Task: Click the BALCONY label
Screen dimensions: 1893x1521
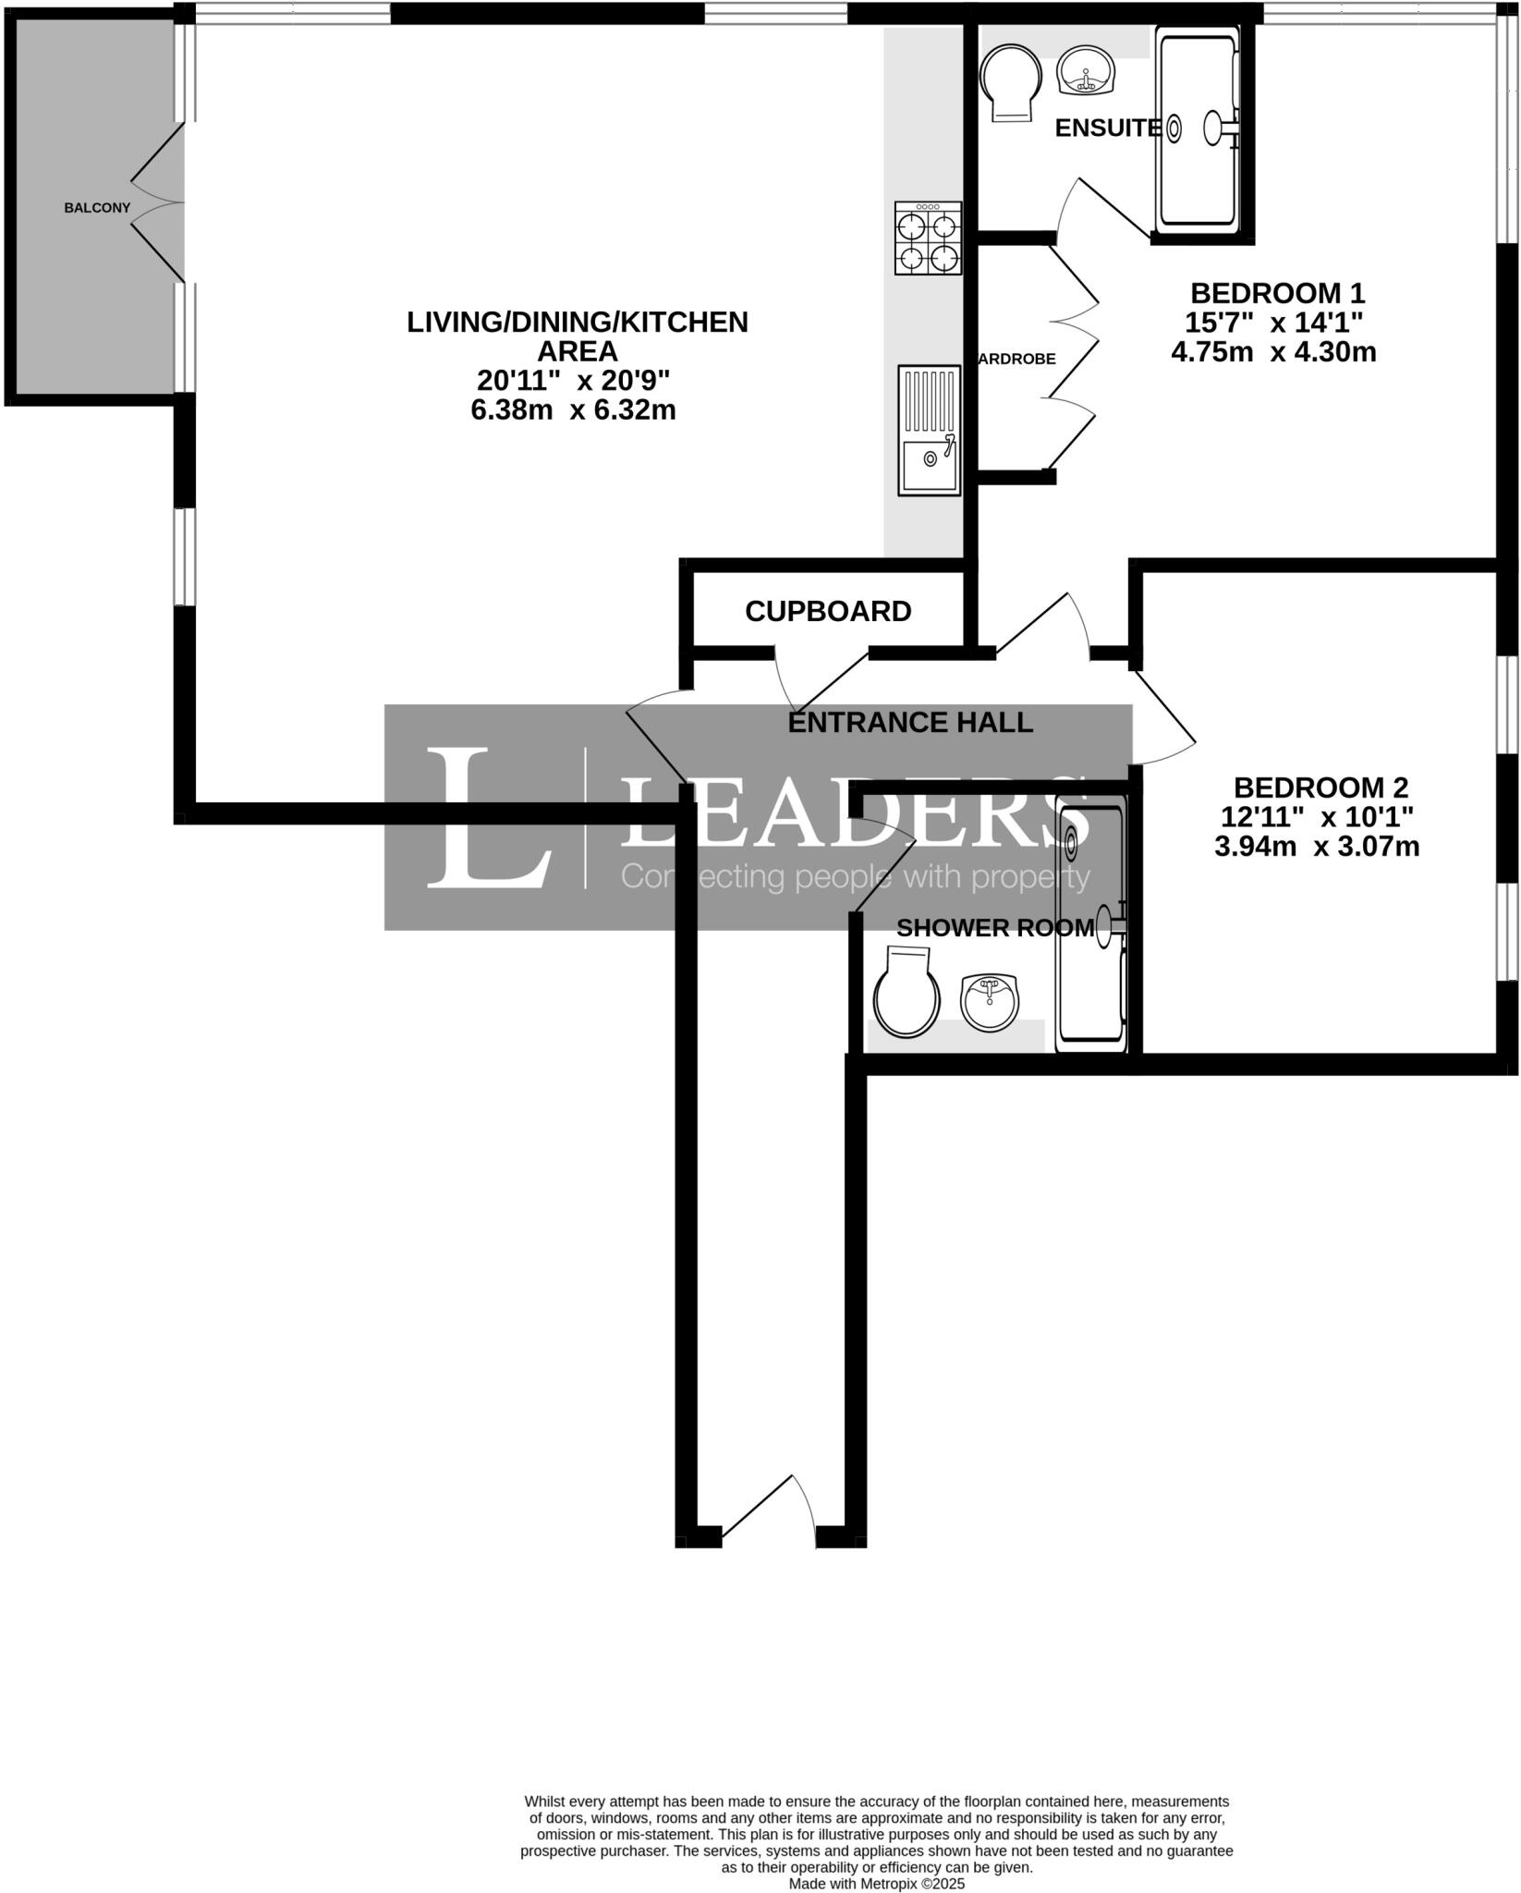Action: (97, 208)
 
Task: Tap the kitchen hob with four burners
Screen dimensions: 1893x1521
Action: (928, 238)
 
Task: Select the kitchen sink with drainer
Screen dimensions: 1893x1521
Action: (930, 429)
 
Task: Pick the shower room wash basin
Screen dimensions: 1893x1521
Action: (990, 1001)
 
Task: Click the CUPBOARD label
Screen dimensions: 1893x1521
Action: (828, 611)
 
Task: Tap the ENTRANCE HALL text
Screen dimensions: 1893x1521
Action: (910, 723)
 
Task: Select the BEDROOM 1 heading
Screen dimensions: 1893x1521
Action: (1277, 294)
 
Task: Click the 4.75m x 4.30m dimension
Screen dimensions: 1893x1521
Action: (1273, 352)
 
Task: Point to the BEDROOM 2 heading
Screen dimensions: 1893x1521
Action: (1320, 788)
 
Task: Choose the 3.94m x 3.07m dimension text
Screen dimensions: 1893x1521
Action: (1317, 847)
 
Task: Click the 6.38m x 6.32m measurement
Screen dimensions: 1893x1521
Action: (574, 409)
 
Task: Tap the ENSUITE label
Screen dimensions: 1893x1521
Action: (1107, 128)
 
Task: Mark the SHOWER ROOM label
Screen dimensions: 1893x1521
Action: (995, 928)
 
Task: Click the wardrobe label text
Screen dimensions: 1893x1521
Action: (1016, 359)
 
